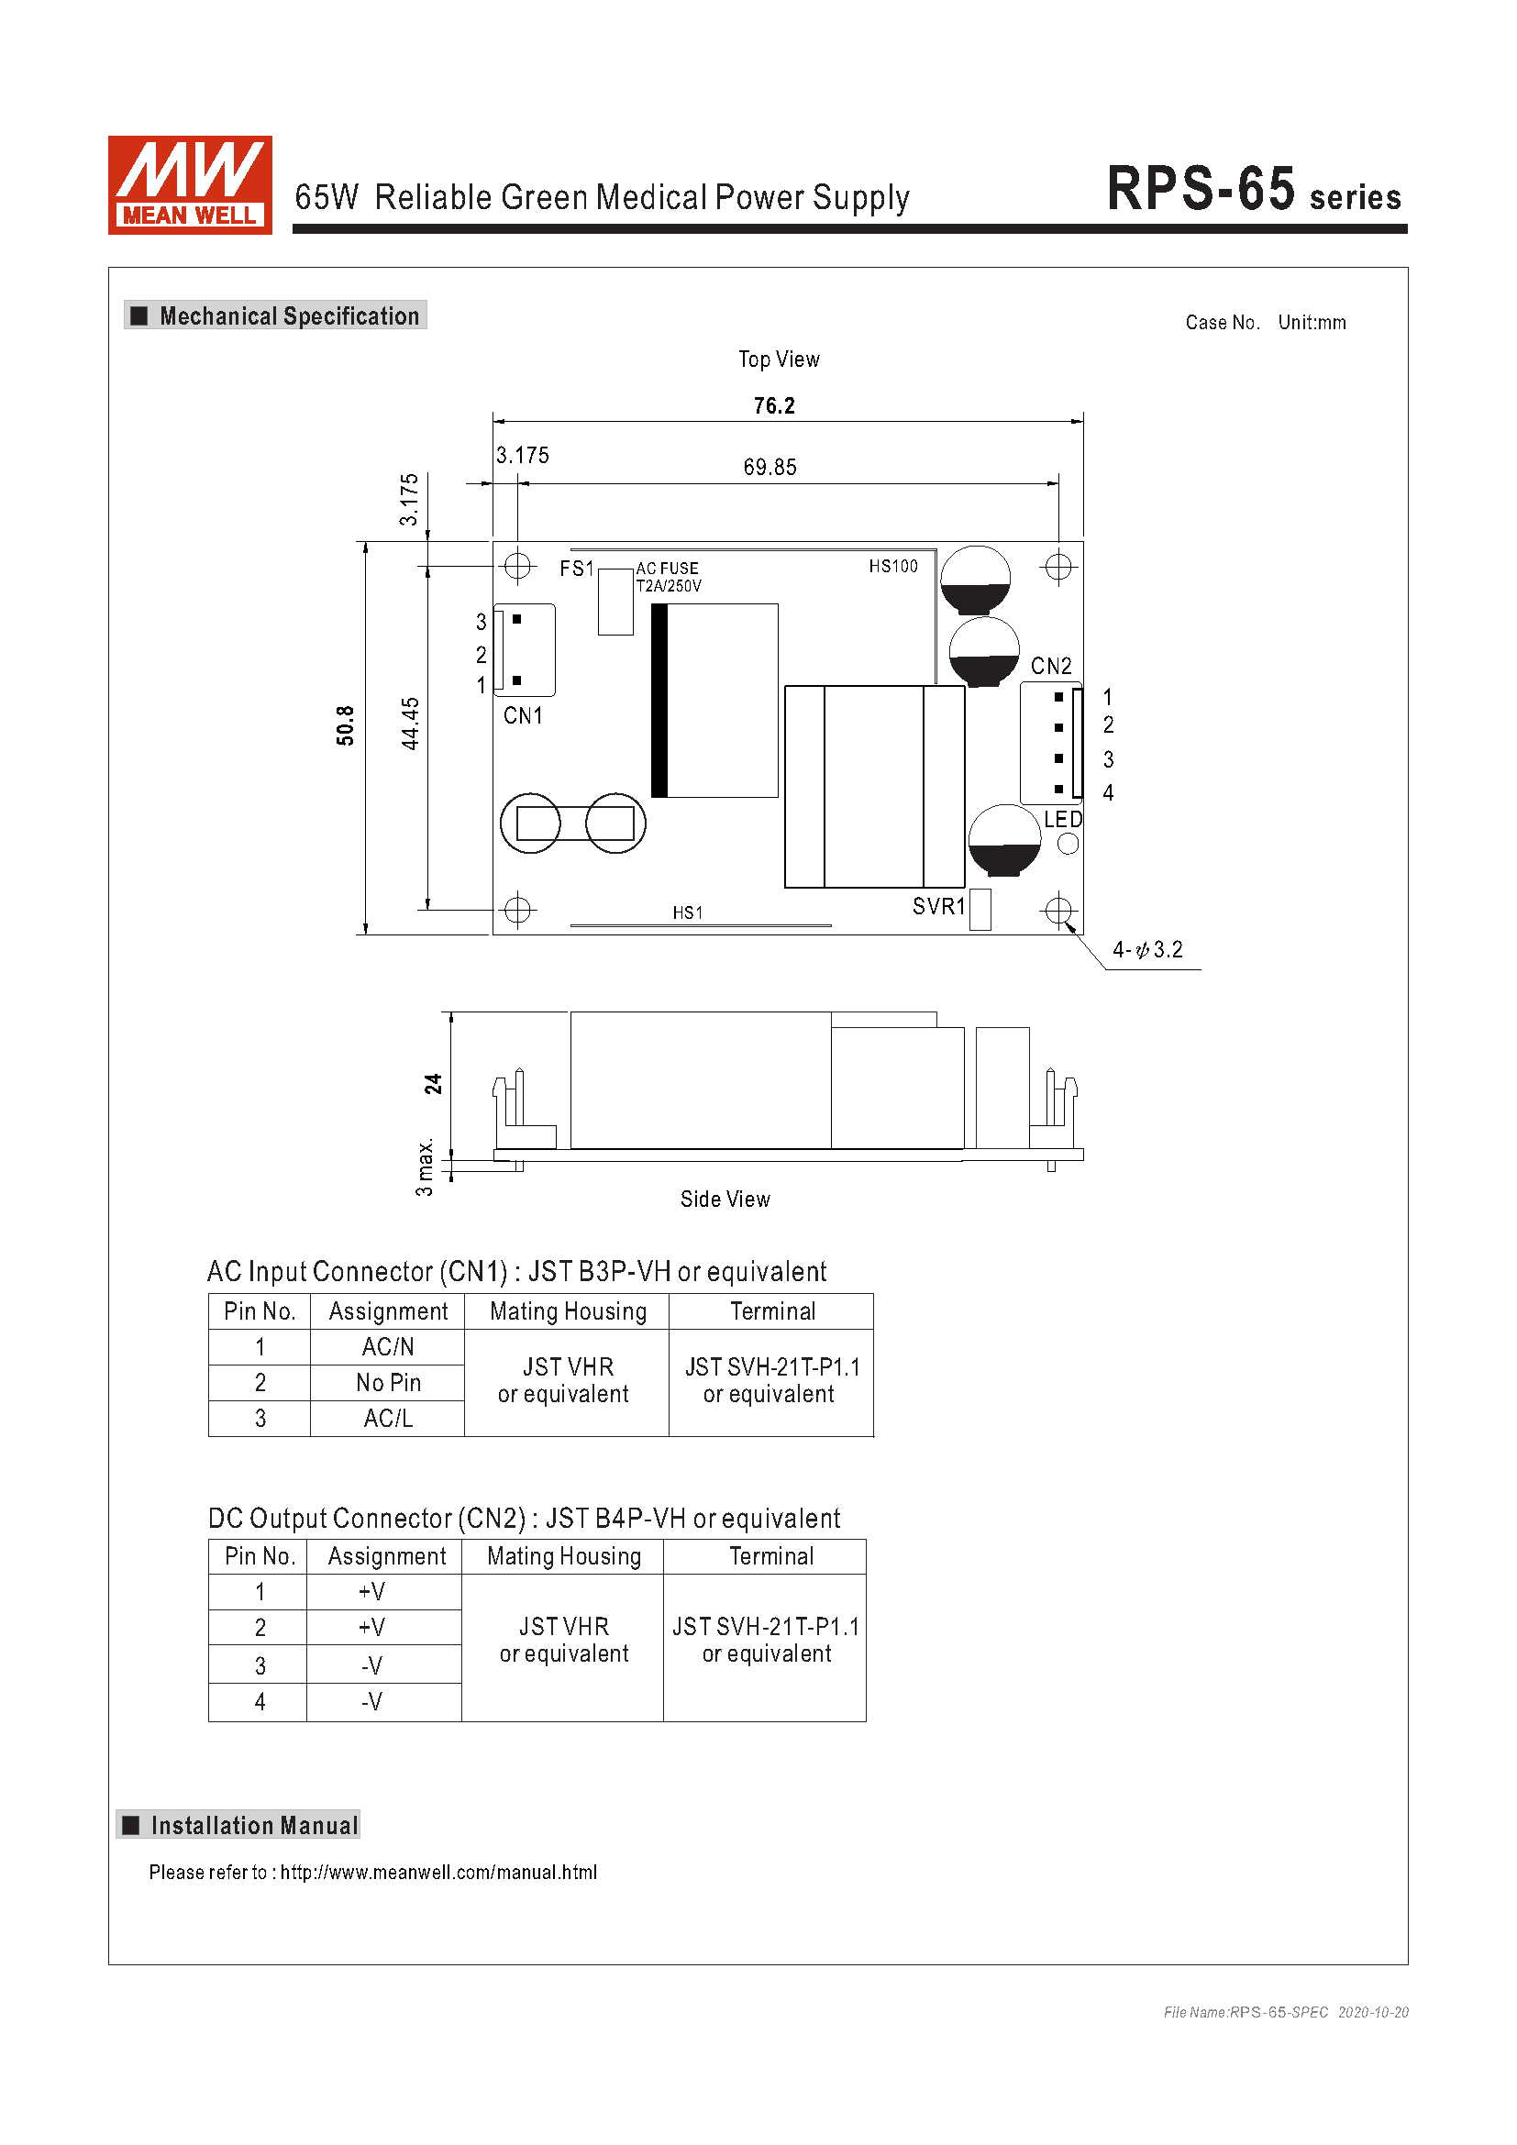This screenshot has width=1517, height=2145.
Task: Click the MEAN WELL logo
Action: click(x=190, y=185)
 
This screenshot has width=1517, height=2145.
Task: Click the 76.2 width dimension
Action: click(x=774, y=406)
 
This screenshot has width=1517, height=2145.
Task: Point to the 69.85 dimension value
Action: click(x=770, y=467)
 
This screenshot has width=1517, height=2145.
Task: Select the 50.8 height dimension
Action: click(x=346, y=725)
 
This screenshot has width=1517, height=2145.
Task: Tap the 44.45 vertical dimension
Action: click(x=410, y=723)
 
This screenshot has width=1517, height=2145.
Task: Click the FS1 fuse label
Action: click(x=576, y=568)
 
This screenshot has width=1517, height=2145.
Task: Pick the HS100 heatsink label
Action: click(x=893, y=566)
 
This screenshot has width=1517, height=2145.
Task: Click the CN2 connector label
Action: click(x=1051, y=666)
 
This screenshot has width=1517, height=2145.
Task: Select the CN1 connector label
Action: click(x=523, y=715)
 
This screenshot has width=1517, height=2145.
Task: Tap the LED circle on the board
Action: click(x=1068, y=844)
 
